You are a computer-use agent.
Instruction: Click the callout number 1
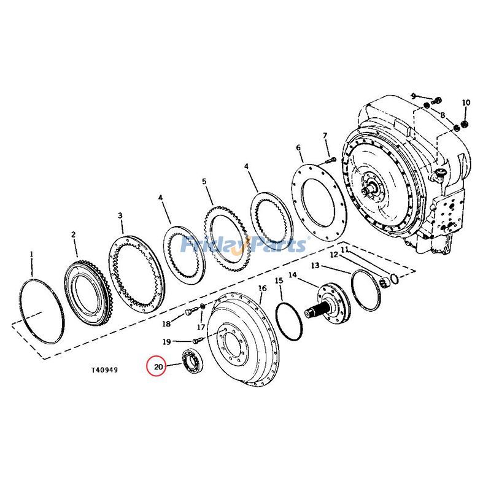click(x=31, y=253)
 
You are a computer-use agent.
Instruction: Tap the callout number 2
click(x=73, y=234)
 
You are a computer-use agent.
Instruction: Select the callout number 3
click(x=120, y=215)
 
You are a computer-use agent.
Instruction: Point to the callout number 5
click(x=204, y=182)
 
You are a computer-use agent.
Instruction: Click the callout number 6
click(x=298, y=148)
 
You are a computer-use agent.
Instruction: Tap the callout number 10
click(x=466, y=102)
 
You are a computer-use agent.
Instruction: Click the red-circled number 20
click(x=158, y=367)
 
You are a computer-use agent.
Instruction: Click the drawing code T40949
click(x=105, y=370)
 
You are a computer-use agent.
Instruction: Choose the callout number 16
click(x=263, y=288)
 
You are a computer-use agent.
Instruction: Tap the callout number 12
click(x=334, y=254)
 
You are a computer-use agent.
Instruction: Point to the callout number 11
click(x=344, y=250)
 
